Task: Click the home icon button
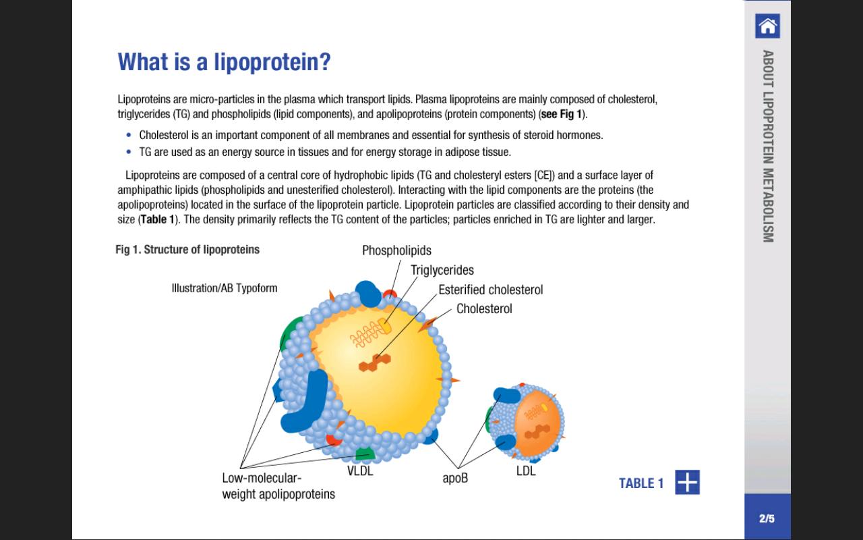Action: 767,26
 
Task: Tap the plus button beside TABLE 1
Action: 687,483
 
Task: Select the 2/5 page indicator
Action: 767,518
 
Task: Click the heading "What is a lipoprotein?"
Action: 224,62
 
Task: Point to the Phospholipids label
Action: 396,251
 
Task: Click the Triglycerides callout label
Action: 442,270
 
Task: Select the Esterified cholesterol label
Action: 490,290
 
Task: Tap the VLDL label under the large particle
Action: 360,471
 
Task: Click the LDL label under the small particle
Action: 526,471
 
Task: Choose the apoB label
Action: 455,478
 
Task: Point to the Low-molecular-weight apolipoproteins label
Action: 278,486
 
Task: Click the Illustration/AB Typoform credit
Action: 225,288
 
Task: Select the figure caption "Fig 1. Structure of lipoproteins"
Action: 187,250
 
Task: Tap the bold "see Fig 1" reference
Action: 563,114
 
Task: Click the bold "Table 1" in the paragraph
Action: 157,219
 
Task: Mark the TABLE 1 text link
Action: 641,483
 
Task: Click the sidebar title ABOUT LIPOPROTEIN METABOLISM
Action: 767,146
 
